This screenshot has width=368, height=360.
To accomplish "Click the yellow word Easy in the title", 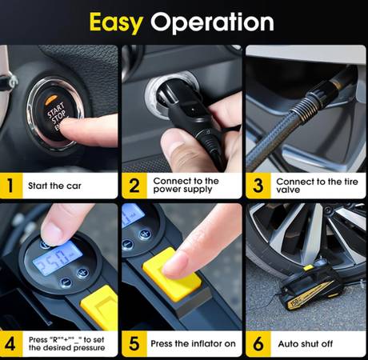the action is tap(116, 22).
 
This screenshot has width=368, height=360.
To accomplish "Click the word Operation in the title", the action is tap(212, 22).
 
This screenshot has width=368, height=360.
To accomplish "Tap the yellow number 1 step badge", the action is tap(11, 186).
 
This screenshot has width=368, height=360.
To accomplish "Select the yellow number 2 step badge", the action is tap(134, 186).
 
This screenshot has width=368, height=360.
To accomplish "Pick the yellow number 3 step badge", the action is tap(258, 186).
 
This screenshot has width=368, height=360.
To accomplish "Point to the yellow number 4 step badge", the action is tap(11, 344).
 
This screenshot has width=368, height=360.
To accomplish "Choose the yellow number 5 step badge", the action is tap(134, 344).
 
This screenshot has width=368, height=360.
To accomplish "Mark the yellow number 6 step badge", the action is tap(258, 344).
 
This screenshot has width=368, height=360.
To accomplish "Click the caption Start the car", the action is tap(54, 186).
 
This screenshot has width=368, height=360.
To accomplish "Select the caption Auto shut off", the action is tap(306, 344).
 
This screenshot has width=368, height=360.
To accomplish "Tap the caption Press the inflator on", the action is tap(193, 344).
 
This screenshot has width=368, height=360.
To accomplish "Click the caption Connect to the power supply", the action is tap(186, 185).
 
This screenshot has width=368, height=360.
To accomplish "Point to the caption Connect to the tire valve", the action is tap(317, 186).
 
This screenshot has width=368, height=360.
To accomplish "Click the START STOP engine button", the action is tap(55, 114).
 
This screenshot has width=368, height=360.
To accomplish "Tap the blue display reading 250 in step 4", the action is tap(58, 258).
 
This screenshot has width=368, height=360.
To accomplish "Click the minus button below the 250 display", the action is tap(66, 282).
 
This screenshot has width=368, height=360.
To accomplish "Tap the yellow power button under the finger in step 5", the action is tap(172, 274).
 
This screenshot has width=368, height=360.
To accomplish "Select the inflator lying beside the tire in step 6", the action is tap(310, 286).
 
